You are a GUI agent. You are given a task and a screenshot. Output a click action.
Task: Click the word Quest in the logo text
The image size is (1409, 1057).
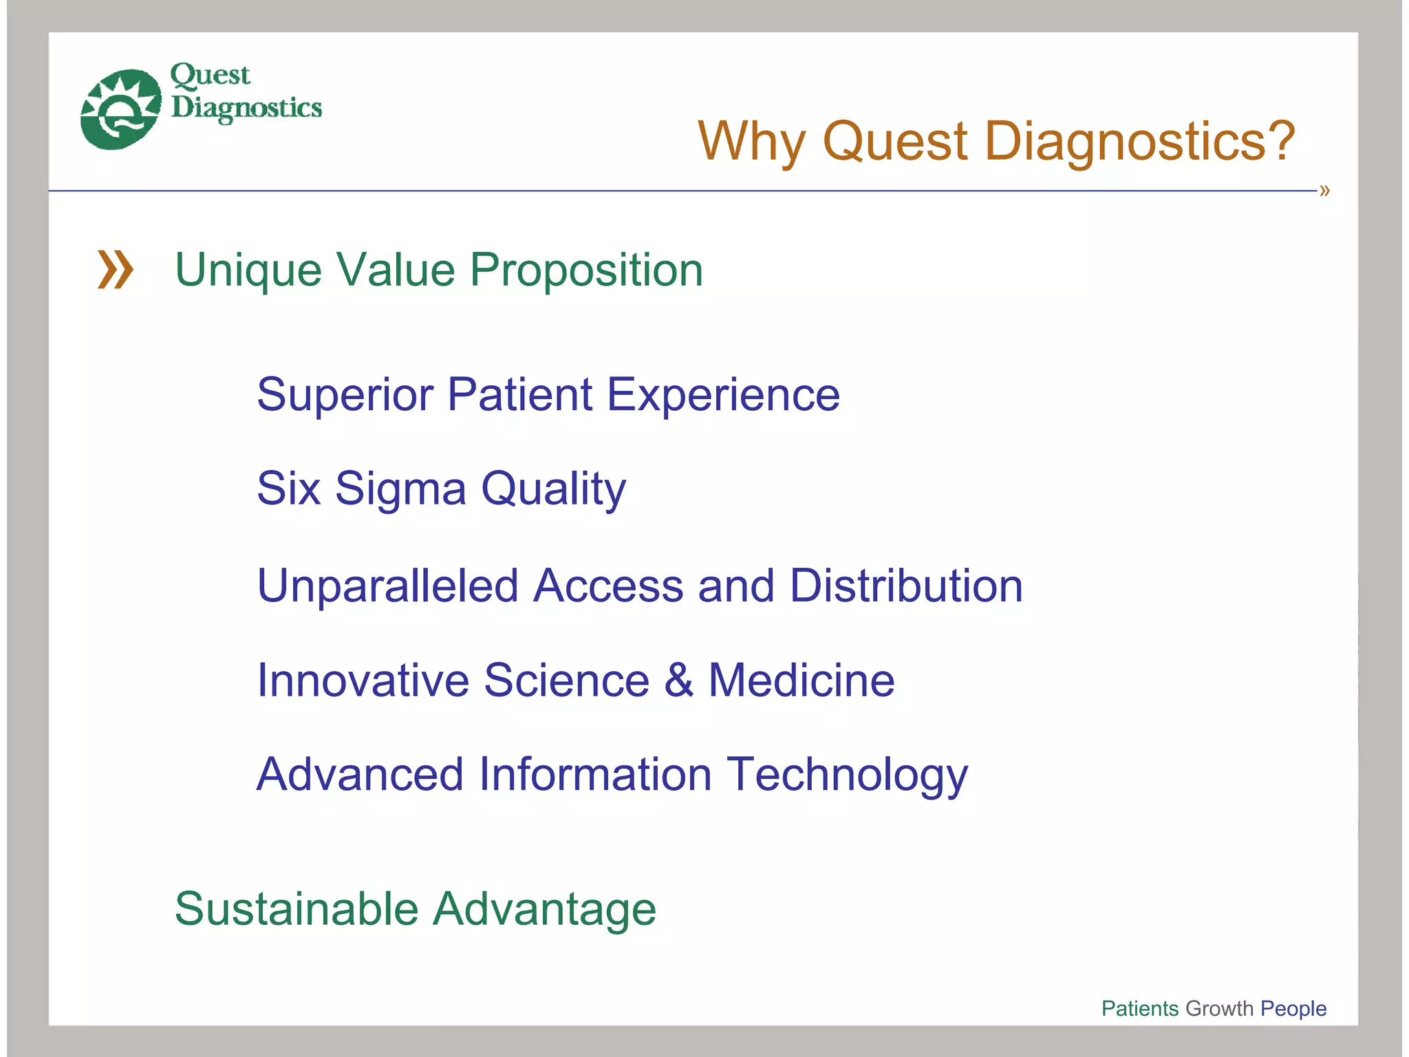click(x=210, y=75)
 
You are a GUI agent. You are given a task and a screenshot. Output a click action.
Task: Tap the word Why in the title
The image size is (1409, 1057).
click(x=751, y=141)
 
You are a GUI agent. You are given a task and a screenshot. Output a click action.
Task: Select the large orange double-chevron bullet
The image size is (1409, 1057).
click(x=115, y=269)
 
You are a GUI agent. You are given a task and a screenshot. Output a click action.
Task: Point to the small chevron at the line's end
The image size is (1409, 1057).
click(x=1324, y=191)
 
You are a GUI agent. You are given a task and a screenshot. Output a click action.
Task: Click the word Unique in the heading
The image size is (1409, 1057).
click(x=248, y=270)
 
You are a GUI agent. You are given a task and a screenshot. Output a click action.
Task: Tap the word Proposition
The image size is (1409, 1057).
click(x=586, y=270)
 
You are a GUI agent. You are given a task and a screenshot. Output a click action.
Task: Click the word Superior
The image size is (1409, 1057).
click(x=345, y=395)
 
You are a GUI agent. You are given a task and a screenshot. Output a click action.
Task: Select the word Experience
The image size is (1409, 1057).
click(x=723, y=395)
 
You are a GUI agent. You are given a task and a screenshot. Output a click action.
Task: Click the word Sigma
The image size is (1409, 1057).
click(x=400, y=489)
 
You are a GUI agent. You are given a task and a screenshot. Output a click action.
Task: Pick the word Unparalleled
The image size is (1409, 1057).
click(x=387, y=586)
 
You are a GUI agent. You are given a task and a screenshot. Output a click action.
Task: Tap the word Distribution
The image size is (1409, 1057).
click(x=906, y=586)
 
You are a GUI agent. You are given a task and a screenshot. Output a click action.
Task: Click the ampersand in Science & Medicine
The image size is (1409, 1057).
click(x=678, y=681)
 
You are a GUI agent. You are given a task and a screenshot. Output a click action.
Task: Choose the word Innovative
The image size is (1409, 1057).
click(x=363, y=681)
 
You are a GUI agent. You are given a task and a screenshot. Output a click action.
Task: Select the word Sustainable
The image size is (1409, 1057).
click(x=296, y=909)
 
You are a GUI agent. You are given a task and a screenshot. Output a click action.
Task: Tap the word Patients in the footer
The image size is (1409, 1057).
click(x=1139, y=1008)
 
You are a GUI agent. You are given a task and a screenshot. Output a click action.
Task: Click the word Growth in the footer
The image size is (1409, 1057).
click(x=1219, y=1008)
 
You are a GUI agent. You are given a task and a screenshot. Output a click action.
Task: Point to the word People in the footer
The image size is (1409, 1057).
click(x=1293, y=1008)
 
